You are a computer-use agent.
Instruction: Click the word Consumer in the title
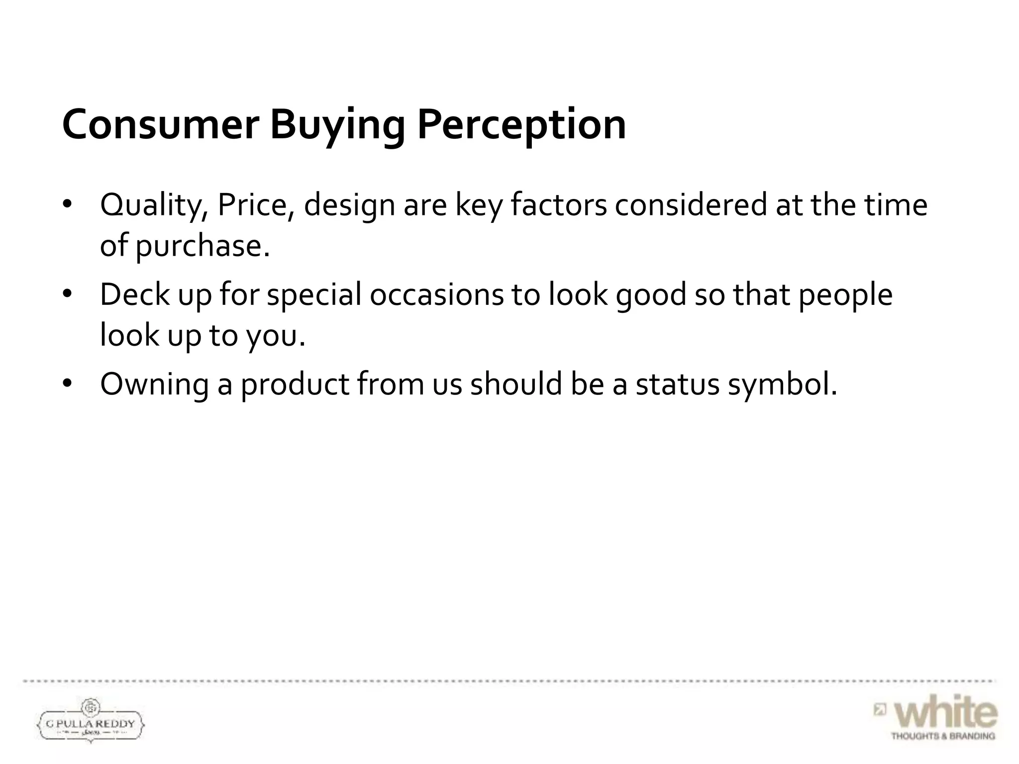coord(160,124)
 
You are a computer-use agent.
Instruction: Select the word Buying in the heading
coord(337,125)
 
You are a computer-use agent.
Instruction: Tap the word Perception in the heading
coord(521,125)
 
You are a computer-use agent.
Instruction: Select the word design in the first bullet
coord(349,205)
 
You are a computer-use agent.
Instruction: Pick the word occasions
coord(436,294)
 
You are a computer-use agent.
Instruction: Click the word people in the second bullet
coord(845,295)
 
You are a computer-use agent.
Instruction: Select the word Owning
coord(154,384)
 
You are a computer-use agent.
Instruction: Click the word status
coord(677,384)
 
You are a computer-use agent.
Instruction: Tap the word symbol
coord(783,384)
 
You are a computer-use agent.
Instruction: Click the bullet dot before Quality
coord(68,205)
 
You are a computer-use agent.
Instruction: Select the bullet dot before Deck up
coord(68,294)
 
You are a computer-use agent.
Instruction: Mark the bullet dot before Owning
coord(68,384)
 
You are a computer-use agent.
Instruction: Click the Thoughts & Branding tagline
coord(943,736)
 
